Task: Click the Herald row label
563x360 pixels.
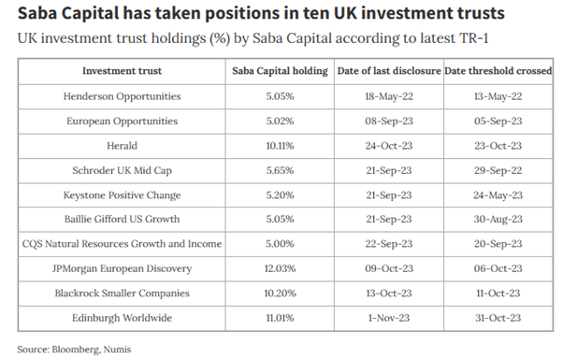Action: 123,146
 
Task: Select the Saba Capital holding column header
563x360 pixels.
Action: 280,71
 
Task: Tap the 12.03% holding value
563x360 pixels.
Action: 280,268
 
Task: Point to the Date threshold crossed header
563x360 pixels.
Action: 497,71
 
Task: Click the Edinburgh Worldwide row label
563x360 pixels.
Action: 123,318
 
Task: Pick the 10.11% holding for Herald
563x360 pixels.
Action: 280,146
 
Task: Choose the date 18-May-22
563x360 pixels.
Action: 387,96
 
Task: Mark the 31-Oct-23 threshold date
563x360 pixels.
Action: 497,318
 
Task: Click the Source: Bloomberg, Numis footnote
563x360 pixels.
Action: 75,349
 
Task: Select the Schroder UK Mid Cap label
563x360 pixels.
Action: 123,170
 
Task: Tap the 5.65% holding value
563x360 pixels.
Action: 280,170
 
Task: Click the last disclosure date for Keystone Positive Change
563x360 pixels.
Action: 387,194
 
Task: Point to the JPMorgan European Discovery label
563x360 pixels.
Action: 123,268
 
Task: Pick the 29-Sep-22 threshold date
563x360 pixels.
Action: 497,170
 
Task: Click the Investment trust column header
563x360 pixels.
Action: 123,71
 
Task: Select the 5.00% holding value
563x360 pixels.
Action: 280,244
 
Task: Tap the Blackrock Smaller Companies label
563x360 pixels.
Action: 123,294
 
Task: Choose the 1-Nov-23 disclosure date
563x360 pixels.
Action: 387,318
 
